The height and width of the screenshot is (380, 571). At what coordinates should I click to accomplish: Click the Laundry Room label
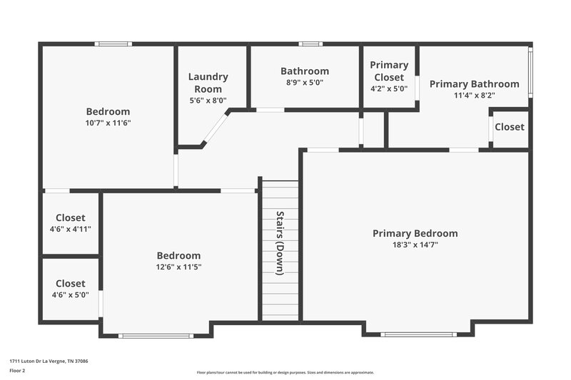click(208, 83)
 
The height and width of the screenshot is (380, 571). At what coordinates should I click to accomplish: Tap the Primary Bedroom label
click(415, 233)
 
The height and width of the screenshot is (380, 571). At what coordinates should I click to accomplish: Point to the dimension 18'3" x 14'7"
click(415, 245)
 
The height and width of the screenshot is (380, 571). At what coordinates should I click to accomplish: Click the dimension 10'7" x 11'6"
click(108, 123)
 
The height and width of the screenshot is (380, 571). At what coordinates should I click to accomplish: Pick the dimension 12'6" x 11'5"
click(178, 267)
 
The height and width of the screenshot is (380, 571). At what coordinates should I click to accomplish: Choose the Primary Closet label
click(389, 71)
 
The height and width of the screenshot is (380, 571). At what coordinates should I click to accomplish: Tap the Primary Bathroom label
click(474, 84)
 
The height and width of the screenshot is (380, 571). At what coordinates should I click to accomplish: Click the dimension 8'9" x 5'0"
click(305, 82)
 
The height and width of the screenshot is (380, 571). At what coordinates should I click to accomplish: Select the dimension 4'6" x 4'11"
click(71, 229)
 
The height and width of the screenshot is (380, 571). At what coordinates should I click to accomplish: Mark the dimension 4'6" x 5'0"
click(71, 294)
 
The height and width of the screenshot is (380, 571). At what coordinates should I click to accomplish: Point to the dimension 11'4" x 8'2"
click(474, 95)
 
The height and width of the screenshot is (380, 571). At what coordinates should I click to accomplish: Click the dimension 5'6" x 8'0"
click(208, 101)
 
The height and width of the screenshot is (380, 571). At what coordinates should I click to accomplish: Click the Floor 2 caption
click(17, 371)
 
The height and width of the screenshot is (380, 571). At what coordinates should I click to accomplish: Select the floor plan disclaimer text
click(285, 372)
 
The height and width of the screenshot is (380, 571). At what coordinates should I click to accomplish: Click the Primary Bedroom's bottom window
click(418, 334)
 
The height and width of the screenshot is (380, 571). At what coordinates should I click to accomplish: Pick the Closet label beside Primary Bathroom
click(510, 127)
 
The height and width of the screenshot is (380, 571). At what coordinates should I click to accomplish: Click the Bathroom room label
click(305, 71)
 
